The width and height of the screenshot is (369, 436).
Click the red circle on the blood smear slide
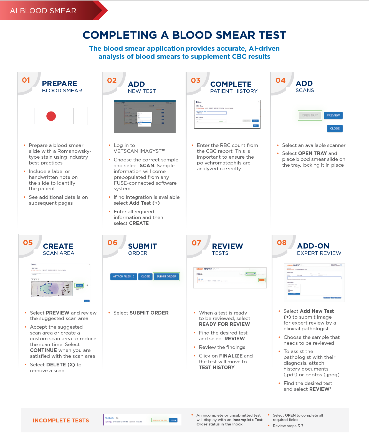tap(51, 116)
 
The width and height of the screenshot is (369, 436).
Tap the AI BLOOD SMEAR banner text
tap(43, 11)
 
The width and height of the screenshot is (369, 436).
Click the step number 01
tap(26, 80)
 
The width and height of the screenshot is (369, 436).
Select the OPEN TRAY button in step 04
tap(310, 115)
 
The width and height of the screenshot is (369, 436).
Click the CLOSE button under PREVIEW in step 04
tap(335, 128)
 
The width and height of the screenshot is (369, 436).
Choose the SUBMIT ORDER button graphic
tap(166, 277)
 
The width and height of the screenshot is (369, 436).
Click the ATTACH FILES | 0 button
tap(123, 277)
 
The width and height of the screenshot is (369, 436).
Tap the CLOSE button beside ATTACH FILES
tap(145, 277)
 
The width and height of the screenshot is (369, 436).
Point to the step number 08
tap(282, 243)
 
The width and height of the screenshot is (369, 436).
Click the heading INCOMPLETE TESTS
tap(61, 420)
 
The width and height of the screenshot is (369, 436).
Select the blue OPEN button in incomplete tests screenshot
tap(173, 420)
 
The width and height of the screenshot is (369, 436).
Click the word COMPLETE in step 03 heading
tap(231, 84)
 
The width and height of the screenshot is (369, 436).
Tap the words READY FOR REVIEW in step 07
tap(224, 324)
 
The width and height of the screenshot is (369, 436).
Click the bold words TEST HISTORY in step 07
tap(217, 367)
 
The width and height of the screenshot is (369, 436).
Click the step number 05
tap(28, 243)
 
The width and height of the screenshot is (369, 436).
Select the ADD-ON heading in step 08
tap(313, 246)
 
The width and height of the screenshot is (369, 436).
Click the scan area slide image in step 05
tap(52, 288)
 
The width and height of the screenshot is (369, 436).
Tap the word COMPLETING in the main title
tap(120, 35)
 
